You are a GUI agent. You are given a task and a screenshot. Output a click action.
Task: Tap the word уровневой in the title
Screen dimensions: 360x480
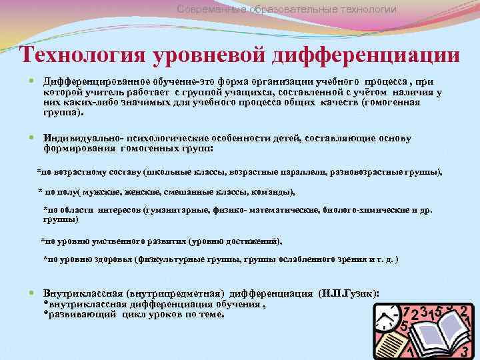210,55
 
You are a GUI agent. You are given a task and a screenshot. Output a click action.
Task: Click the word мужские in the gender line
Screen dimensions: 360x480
106,192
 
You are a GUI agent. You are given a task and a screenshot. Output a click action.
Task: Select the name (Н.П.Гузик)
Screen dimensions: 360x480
349,293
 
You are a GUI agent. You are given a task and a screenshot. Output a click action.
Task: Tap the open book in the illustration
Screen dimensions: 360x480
433,330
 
